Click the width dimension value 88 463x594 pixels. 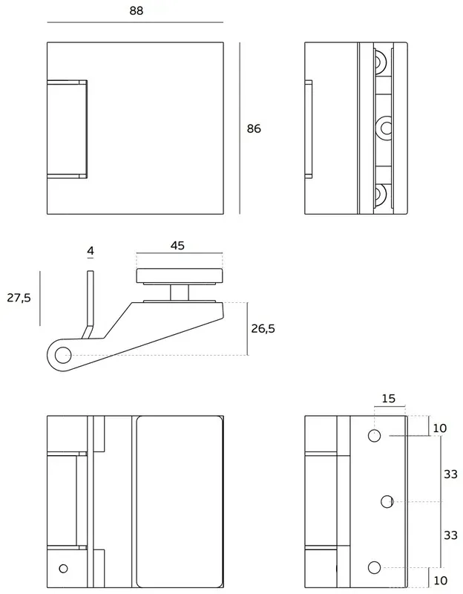click(x=135, y=10)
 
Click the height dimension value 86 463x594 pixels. click(x=254, y=128)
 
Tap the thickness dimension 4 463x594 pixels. click(x=91, y=252)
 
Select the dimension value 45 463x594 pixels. click(x=177, y=245)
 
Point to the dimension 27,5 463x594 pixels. click(x=19, y=298)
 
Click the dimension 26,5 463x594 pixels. click(x=263, y=329)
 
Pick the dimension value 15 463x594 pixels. click(x=388, y=399)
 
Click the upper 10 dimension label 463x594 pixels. click(x=440, y=428)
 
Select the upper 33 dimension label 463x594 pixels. click(x=450, y=474)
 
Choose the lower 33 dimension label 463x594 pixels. click(x=450, y=535)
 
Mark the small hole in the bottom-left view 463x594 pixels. click(x=63, y=569)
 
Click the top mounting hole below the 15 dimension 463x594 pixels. click(x=375, y=435)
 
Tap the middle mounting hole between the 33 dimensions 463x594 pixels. click(x=387, y=502)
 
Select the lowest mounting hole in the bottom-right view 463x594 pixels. click(x=375, y=568)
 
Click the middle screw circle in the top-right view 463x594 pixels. click(x=385, y=128)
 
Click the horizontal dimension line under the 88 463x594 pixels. click(x=135, y=23)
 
